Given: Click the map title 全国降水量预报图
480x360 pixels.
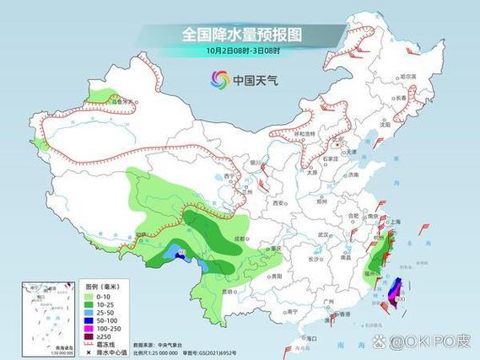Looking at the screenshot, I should (243, 35).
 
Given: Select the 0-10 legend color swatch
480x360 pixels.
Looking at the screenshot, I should (87, 296).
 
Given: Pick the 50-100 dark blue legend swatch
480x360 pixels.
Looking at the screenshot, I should (87, 321).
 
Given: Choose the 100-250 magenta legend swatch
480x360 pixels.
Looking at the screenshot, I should (87, 330).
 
